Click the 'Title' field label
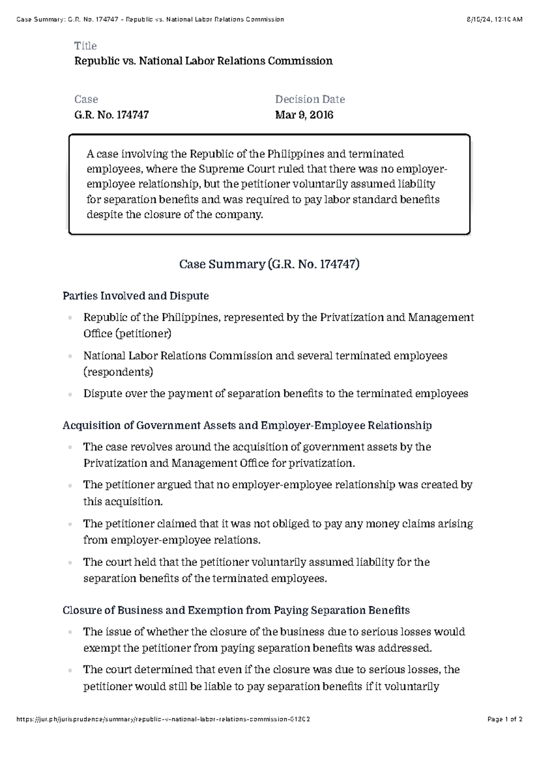point(85,46)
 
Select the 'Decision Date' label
point(310,99)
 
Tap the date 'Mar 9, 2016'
point(304,115)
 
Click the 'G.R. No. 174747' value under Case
point(111,115)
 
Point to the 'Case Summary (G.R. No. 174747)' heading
point(269,264)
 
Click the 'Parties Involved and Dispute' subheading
point(136,296)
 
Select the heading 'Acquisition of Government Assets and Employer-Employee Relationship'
point(247,425)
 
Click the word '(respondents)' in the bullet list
point(118,372)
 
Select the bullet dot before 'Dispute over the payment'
point(71,394)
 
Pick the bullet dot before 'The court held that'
point(71,563)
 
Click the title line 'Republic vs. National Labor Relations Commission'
point(203,61)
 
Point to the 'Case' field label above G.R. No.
point(86,99)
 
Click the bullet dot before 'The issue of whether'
point(71,633)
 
